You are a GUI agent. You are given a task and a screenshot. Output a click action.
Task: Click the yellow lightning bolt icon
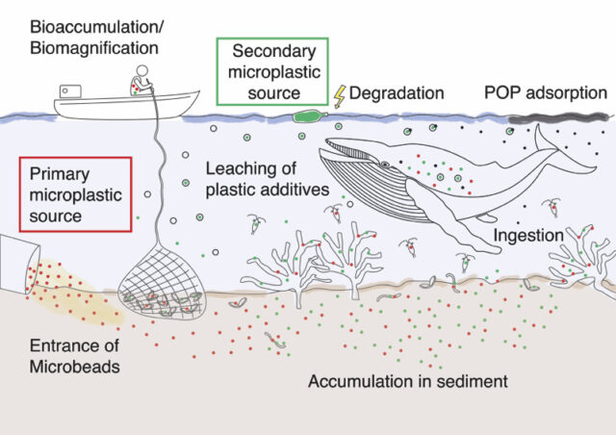click(339, 94)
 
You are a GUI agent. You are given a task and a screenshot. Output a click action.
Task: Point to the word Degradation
click(396, 93)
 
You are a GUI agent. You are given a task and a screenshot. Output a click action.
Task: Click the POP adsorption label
click(545, 92)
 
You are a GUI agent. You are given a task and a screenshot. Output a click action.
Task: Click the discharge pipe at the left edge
click(17, 258)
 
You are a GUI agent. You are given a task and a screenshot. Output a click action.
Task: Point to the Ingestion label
click(528, 234)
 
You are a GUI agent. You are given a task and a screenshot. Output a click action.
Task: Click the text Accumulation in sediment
click(406, 381)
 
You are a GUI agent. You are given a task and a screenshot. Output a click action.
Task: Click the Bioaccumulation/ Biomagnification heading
click(80, 34)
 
